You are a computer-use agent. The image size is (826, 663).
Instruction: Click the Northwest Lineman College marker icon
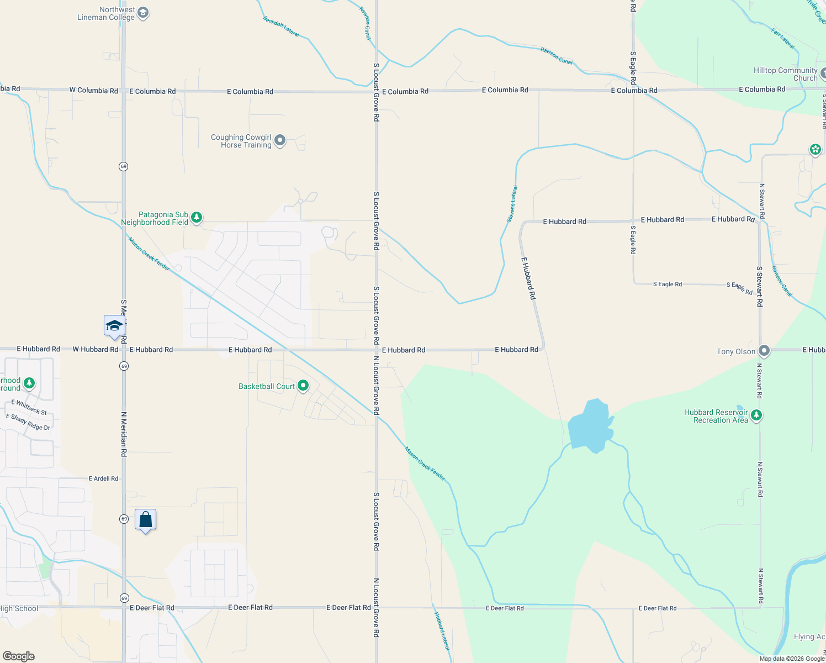click(143, 13)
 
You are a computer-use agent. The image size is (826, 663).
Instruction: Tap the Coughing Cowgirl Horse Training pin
click(280, 140)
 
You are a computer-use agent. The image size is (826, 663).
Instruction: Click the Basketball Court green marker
click(303, 386)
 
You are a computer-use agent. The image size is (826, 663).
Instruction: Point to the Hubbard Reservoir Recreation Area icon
click(756, 415)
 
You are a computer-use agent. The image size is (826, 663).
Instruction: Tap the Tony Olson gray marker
click(764, 351)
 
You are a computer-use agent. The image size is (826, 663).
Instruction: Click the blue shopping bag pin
click(145, 520)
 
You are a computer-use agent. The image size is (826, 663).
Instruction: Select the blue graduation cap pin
click(114, 325)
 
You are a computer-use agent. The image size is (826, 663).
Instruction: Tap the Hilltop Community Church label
click(785, 74)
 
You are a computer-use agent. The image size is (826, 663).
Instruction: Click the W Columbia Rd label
click(93, 90)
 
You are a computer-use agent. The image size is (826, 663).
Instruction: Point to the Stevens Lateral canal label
click(512, 204)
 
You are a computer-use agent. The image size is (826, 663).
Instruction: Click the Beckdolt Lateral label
click(281, 27)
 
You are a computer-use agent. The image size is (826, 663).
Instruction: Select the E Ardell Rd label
click(103, 478)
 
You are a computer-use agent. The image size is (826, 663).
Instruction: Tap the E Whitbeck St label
click(29, 407)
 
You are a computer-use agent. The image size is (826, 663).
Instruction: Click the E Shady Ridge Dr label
click(28, 422)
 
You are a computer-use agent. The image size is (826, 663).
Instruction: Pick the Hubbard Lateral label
click(442, 630)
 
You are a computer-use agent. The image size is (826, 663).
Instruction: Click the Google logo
click(18, 656)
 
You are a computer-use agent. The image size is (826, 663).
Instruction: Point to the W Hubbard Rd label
click(95, 349)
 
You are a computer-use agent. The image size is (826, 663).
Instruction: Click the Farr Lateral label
click(783, 39)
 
